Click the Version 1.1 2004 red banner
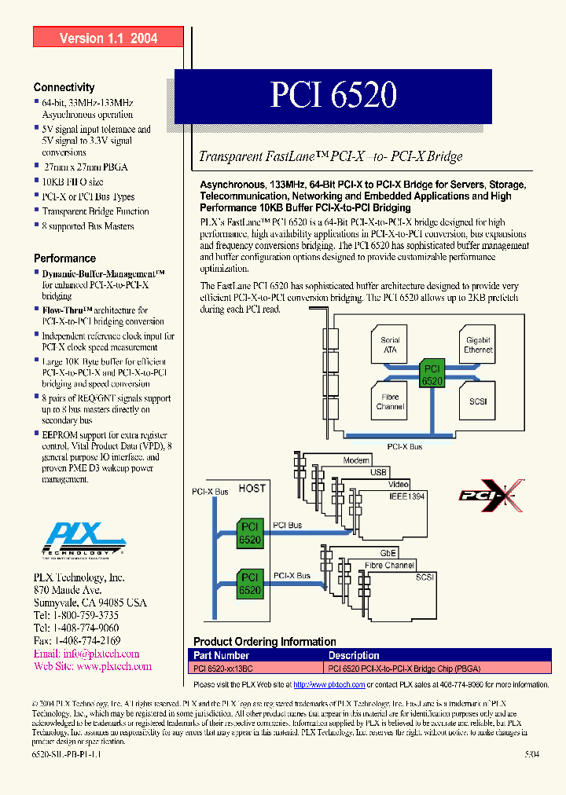[x=108, y=38]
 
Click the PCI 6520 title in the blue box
[x=333, y=96]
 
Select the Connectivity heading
[x=64, y=87]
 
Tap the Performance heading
[x=64, y=258]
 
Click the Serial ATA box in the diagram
[x=390, y=345]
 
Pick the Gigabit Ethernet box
[x=478, y=345]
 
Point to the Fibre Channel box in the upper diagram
[x=390, y=401]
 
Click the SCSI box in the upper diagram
[x=478, y=401]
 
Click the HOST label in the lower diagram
[x=252, y=488]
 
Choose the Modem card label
[x=357, y=461]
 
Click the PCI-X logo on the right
[x=491, y=496]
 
